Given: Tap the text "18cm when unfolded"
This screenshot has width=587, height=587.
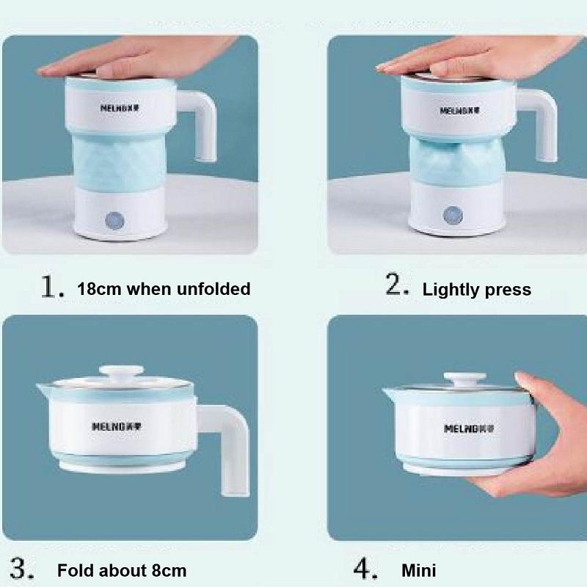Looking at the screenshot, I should [x=164, y=288].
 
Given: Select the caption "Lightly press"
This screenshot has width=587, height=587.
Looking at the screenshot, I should [x=476, y=290].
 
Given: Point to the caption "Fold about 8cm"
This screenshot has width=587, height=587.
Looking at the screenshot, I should [x=122, y=570].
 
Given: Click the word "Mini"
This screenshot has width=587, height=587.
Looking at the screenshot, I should [x=418, y=570].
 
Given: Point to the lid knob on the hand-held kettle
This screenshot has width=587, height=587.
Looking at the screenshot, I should [x=459, y=379].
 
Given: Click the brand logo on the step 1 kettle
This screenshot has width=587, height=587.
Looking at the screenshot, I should [x=121, y=107].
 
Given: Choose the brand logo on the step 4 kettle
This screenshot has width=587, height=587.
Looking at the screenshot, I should [x=468, y=428].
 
